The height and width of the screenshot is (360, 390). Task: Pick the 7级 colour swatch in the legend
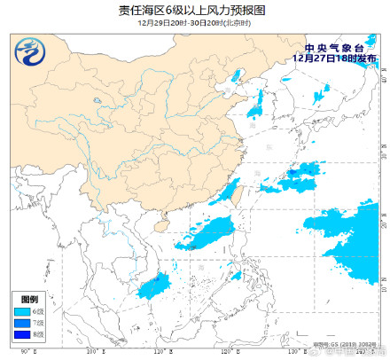click(x=22, y=324)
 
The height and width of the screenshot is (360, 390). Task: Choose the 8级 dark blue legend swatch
click(x=22, y=335)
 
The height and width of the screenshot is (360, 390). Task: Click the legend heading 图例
click(x=27, y=300)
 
